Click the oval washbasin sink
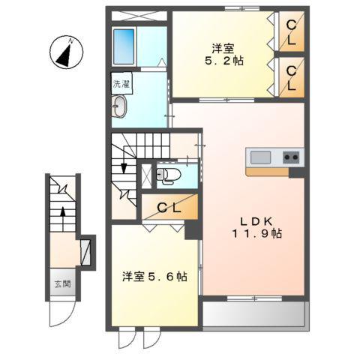121,109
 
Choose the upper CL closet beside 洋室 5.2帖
290,31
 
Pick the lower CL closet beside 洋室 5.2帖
290,78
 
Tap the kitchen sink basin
260,157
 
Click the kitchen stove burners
291,157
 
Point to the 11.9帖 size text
256,233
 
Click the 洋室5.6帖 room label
154,277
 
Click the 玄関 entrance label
61,284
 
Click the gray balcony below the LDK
253,314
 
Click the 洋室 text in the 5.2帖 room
223,49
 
